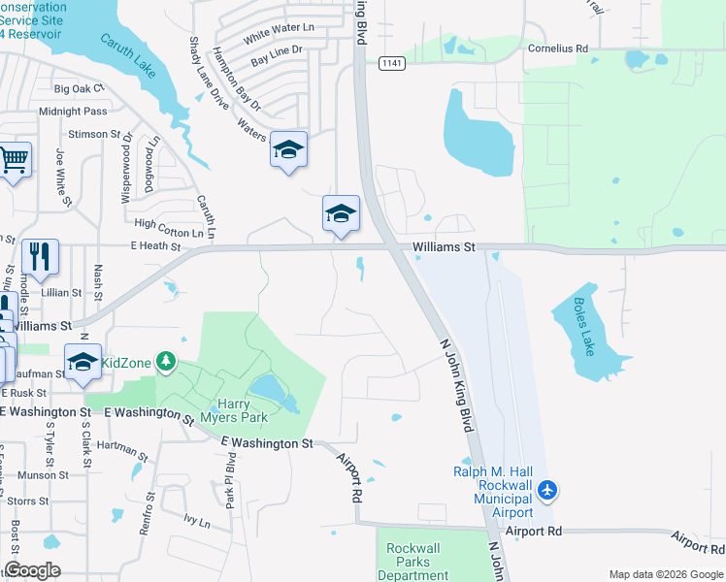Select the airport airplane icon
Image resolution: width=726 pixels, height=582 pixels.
pos(547,491)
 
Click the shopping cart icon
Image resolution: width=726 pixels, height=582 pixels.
pos(14,158)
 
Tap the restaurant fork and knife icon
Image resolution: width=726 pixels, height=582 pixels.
pos(40,256)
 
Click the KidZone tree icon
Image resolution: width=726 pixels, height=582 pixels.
pos(167,362)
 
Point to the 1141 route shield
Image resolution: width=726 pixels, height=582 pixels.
pos(392,63)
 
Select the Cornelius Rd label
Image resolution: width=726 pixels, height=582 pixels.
pos(558,48)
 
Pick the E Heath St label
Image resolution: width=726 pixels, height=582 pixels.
pos(155,247)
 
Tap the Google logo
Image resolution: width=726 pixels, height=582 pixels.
pos(32,570)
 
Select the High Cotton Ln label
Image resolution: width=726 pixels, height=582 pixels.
pos(170,227)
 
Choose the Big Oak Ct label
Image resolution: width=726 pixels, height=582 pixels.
pos(77,88)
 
